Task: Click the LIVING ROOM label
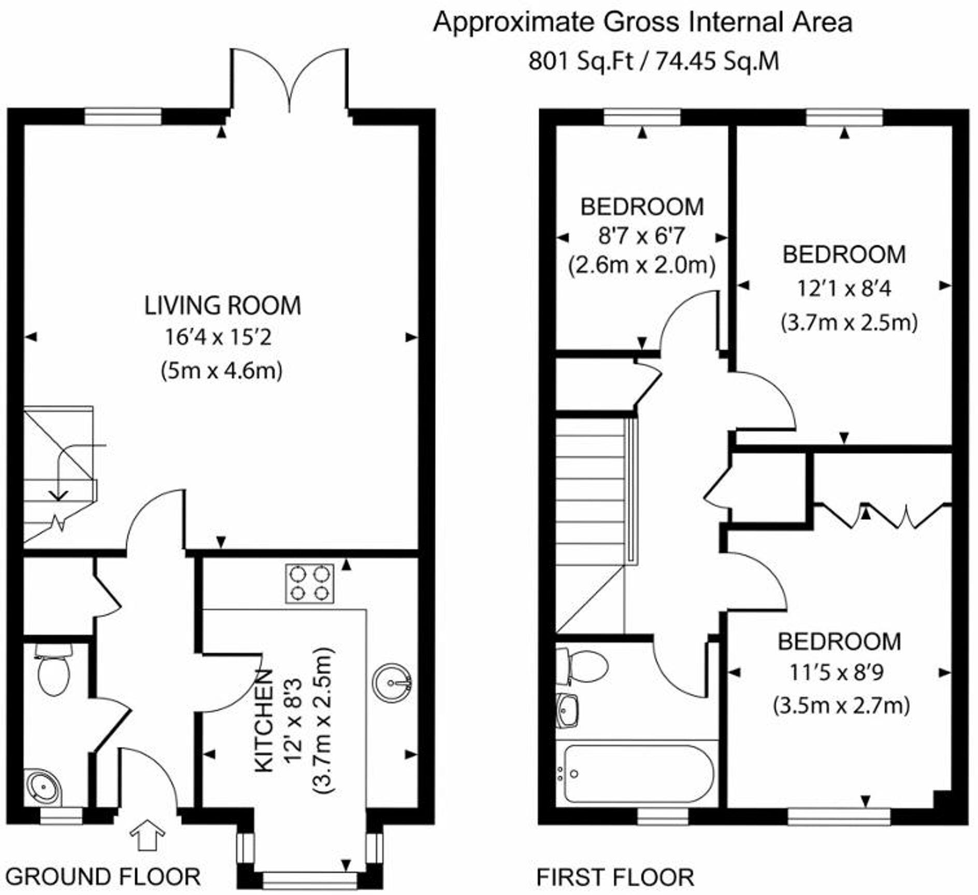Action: [222, 306]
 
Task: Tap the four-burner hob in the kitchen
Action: [309, 583]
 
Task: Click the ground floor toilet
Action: [54, 672]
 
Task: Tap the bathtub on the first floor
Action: [638, 774]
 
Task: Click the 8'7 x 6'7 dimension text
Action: [641, 236]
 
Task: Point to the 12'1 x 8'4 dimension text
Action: [843, 288]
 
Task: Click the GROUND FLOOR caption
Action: [103, 877]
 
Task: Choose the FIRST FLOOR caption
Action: [615, 877]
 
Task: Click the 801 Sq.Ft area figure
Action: [580, 62]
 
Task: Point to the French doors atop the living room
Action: [289, 78]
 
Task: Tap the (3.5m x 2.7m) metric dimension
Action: [841, 706]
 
